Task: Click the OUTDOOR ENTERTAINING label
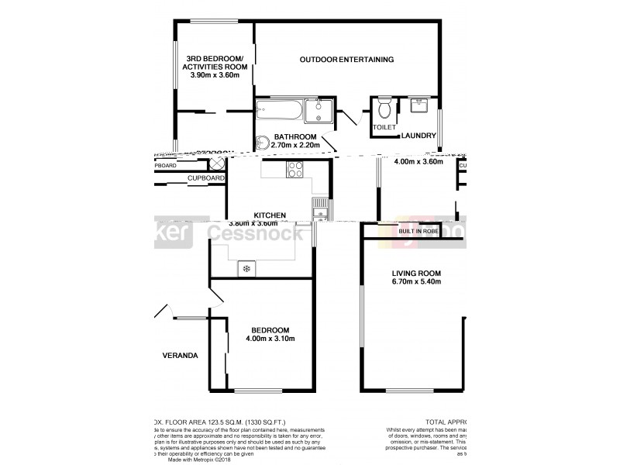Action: pos(347,60)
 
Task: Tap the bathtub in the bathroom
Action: pos(278,110)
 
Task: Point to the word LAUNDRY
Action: pos(418,136)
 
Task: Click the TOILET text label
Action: pos(384,126)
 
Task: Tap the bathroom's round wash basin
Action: pos(262,143)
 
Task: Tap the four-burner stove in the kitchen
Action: pos(295,170)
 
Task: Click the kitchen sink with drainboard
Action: pos(319,209)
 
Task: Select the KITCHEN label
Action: pos(270,215)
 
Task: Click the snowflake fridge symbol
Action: pos(246,268)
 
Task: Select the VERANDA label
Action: pos(180,356)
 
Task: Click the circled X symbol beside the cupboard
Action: pos(217,164)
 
